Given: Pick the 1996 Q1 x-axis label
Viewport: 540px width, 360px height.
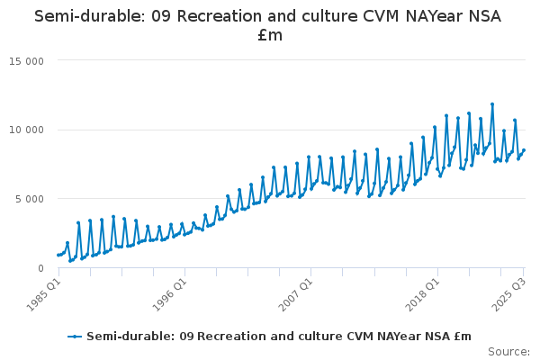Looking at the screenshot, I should click(x=169, y=294).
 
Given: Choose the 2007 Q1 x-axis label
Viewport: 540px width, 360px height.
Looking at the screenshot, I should click(x=296, y=294).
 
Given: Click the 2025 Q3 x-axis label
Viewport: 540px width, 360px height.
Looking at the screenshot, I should click(x=509, y=294).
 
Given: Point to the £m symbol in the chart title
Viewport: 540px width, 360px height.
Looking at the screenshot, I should click(x=270, y=36).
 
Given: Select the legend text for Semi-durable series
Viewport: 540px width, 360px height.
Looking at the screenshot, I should click(x=279, y=337).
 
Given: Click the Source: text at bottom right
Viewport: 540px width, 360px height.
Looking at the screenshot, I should click(x=508, y=351).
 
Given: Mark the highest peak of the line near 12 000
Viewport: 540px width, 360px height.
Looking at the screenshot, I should click(x=492, y=104).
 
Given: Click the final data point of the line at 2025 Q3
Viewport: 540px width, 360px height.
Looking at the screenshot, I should click(x=524, y=150).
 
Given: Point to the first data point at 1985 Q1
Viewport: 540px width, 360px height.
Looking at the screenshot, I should click(x=58, y=255).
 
